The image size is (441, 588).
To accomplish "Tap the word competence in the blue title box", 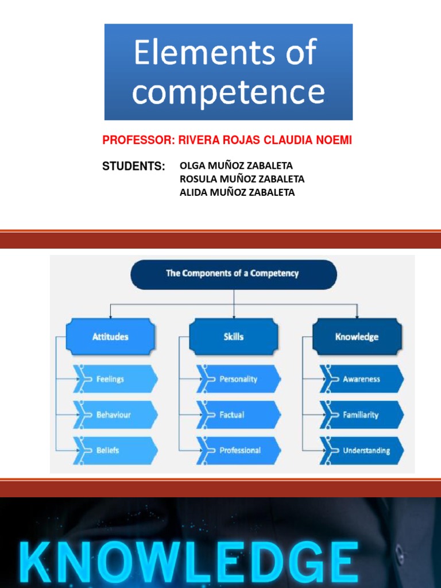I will (228, 92).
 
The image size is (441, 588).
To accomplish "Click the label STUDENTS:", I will (133, 167).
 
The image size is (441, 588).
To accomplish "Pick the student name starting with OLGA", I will (236, 166).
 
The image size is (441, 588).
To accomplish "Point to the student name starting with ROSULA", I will (242, 179).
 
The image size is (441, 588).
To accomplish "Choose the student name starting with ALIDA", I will (237, 192).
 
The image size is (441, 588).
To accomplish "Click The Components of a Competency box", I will (233, 274).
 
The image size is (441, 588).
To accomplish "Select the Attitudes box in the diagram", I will (110, 337).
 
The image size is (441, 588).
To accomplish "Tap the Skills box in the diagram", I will (233, 337).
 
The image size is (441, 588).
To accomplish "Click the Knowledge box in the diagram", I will (357, 337).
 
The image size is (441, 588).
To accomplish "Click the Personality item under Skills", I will (238, 380).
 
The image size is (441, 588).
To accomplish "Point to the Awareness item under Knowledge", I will (361, 380).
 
